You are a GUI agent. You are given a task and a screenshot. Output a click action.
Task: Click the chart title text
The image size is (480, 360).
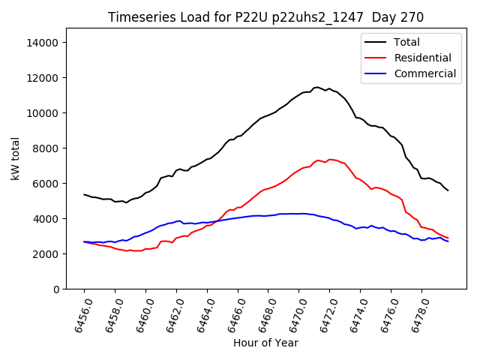tap(265, 17)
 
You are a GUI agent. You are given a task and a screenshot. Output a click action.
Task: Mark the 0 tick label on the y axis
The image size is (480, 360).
tap(56, 289)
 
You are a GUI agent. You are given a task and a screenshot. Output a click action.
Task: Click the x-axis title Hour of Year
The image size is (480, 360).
tap(265, 343)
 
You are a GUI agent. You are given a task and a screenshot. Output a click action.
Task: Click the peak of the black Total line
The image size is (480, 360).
tap(317, 87)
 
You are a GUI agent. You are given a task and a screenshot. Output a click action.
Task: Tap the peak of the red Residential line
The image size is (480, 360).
tap(330, 159)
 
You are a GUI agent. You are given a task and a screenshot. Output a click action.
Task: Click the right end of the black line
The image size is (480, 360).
tap(448, 190)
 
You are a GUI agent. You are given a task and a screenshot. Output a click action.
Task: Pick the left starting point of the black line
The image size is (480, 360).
tap(84, 194)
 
